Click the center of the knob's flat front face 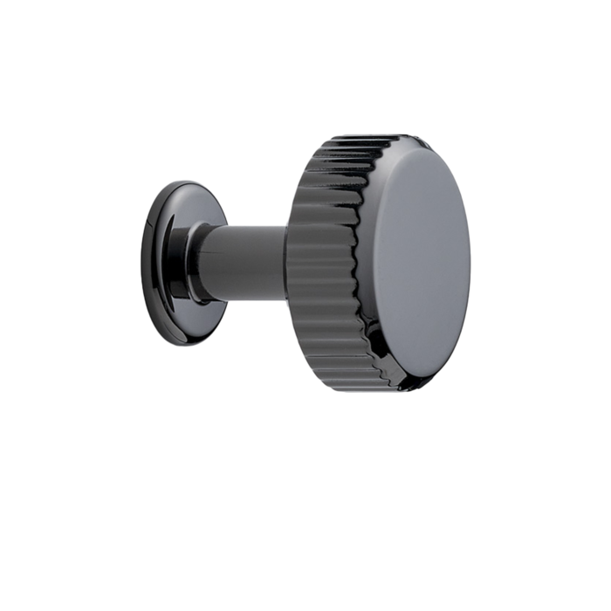pyautogui.click(x=419, y=262)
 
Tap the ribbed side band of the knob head pyautogui.click(x=323, y=262)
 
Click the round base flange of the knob pyautogui.click(x=161, y=262)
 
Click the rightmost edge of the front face pyautogui.click(x=471, y=262)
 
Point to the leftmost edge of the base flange pyautogui.click(x=141, y=262)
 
